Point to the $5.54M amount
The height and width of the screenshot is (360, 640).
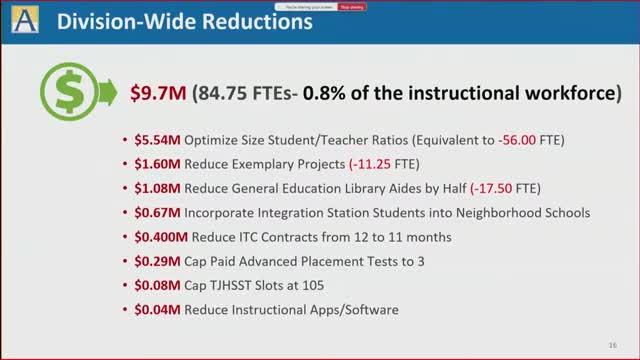tap(158, 141)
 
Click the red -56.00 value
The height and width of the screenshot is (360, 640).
tap(517, 141)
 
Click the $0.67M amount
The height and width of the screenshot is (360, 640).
tap(158, 213)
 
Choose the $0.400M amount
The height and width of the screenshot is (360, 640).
tap(162, 237)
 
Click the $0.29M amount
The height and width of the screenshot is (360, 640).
tap(158, 261)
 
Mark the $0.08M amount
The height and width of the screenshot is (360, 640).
tap(158, 285)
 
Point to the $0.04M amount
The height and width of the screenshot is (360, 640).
tap(158, 309)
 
